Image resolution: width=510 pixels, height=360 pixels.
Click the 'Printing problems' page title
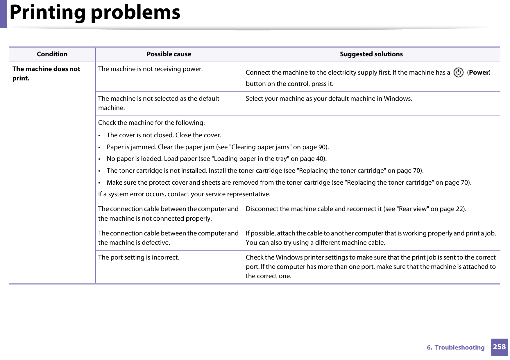pyautogui.click(x=95, y=13)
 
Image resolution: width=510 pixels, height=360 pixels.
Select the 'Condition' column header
pyautogui.click(x=52, y=54)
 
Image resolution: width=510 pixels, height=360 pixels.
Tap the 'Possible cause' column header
pyautogui.click(x=169, y=54)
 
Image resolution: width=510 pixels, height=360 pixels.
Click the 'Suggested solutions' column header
pyautogui.click(x=371, y=54)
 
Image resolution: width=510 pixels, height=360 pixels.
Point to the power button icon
pyautogui.click(x=458, y=73)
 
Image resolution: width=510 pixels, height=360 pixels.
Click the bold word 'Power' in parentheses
pyautogui.click(x=479, y=73)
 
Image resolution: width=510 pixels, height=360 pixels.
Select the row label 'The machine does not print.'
pyautogui.click(x=46, y=73)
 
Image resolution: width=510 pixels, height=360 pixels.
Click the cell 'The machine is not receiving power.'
pyautogui.click(x=150, y=69)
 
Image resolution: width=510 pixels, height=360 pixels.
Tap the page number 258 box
pyautogui.click(x=499, y=347)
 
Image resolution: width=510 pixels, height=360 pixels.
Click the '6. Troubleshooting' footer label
pyautogui.click(x=456, y=348)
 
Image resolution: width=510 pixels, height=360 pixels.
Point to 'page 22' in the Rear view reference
pyautogui.click(x=452, y=209)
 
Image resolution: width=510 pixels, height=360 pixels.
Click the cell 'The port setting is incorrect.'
pyautogui.click(x=139, y=258)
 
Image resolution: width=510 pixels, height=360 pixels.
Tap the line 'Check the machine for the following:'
pyautogui.click(x=151, y=123)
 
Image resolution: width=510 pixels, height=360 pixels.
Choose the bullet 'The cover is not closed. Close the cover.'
pyautogui.click(x=164, y=135)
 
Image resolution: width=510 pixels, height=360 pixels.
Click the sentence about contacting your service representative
pyautogui.click(x=184, y=194)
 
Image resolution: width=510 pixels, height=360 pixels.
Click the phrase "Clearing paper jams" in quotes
pyautogui.click(x=260, y=147)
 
